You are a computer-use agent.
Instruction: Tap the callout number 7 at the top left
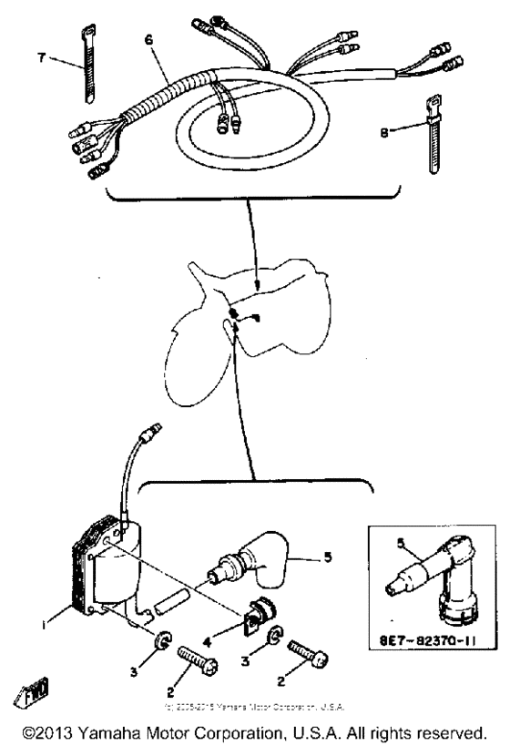coord(41,58)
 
